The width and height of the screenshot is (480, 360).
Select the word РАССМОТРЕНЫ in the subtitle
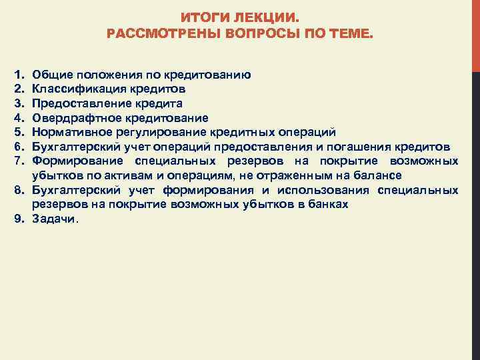click(x=155, y=33)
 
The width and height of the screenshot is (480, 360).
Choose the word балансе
click(x=378, y=175)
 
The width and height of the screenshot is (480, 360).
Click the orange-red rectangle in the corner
click(x=476, y=33)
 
